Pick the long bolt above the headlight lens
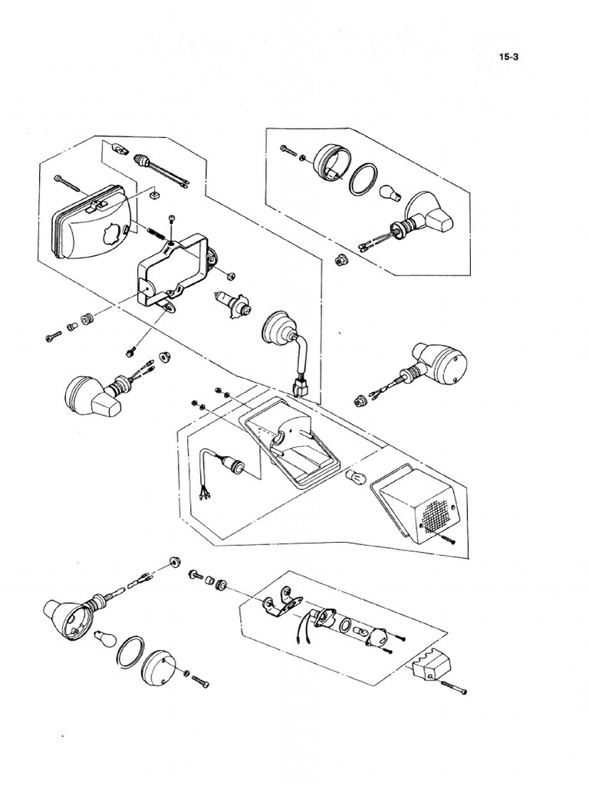point(71,181)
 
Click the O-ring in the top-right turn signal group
point(364,179)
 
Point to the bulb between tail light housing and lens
point(354,479)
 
